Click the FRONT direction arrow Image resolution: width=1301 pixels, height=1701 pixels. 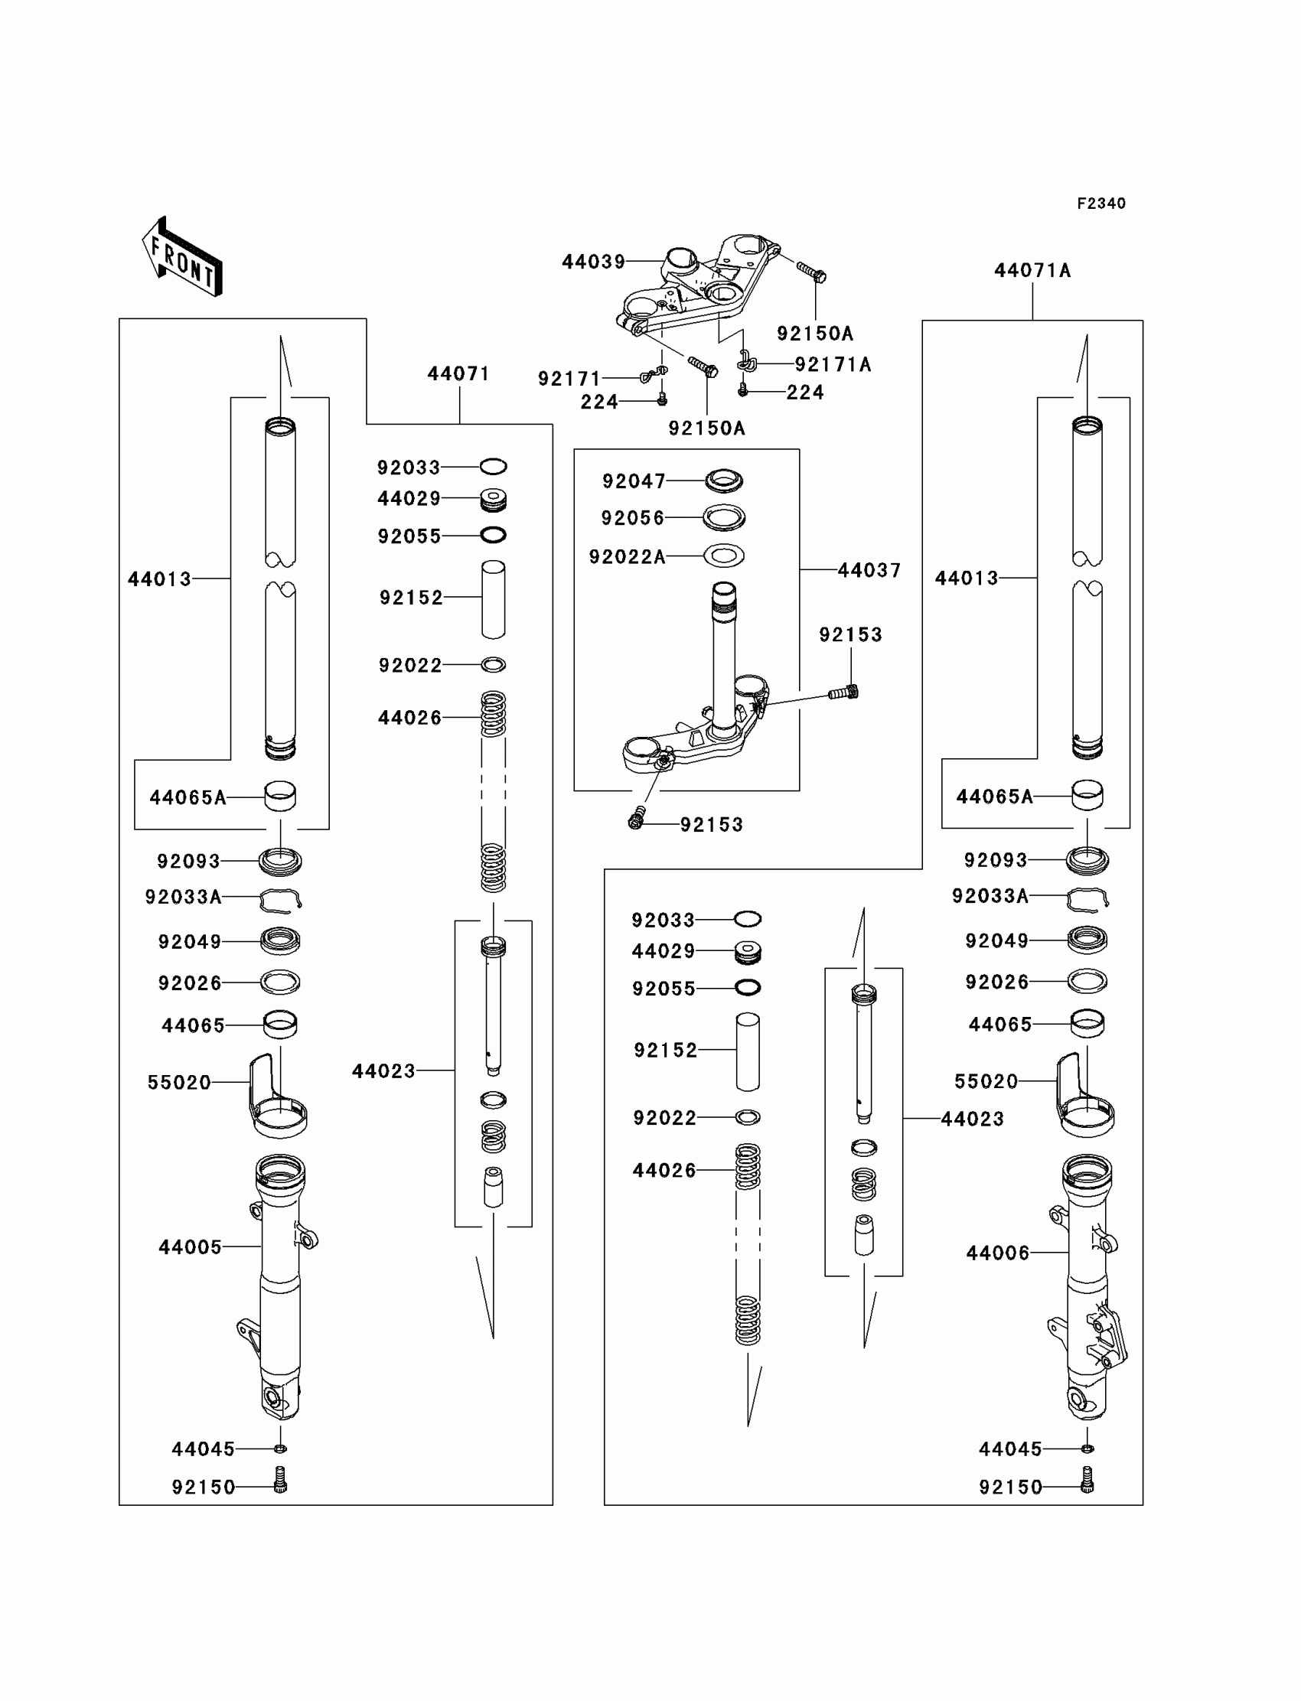pyautogui.click(x=183, y=257)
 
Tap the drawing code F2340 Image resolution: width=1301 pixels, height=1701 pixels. pyautogui.click(x=1101, y=204)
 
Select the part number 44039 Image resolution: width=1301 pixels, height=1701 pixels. pyautogui.click(x=593, y=262)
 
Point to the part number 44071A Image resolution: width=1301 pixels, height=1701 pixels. pyautogui.click(x=1032, y=270)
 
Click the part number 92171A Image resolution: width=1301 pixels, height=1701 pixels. pyautogui.click(x=833, y=364)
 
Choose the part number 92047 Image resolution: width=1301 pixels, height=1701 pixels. pyautogui.click(x=634, y=481)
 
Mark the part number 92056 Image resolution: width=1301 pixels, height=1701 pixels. pyautogui.click(x=633, y=518)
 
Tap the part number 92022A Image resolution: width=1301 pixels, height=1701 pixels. pyautogui.click(x=627, y=557)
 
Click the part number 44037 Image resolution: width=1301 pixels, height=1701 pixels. pyautogui.click(x=869, y=571)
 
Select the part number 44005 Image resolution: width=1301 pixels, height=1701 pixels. pyautogui.click(x=190, y=1246)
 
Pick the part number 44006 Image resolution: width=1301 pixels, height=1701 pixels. pyautogui.click(x=997, y=1253)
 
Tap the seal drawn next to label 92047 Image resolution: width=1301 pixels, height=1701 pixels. pyautogui.click(x=724, y=481)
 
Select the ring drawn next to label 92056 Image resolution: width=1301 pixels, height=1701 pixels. pyautogui.click(x=724, y=517)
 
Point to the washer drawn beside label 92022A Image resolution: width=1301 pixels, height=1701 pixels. pyautogui.click(x=724, y=555)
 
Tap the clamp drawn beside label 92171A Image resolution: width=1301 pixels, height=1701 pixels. pyautogui.click(x=745, y=361)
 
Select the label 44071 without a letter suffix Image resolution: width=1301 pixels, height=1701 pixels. pyautogui.click(x=458, y=374)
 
